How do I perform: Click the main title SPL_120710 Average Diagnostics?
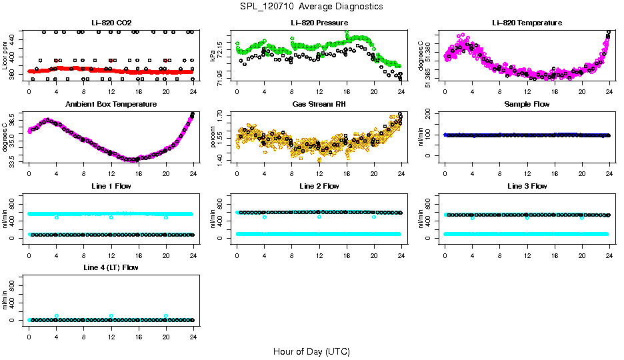click(x=312, y=6)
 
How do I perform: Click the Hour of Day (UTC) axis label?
click(x=311, y=351)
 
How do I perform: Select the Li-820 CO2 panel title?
click(x=111, y=23)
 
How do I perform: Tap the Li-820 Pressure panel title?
click(x=319, y=23)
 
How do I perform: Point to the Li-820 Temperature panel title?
click(x=527, y=23)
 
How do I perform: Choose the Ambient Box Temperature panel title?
click(x=111, y=105)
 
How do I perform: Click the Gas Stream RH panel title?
click(x=319, y=105)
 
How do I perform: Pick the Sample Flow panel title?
click(x=527, y=105)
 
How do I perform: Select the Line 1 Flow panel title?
click(x=111, y=186)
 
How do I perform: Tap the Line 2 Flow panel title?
click(x=319, y=186)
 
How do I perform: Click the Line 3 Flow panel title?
click(x=527, y=186)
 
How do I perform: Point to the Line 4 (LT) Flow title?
click(x=111, y=267)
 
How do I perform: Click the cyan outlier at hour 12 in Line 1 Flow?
click(x=111, y=217)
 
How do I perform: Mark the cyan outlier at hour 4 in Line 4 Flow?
click(x=57, y=316)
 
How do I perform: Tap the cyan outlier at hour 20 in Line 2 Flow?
click(x=374, y=217)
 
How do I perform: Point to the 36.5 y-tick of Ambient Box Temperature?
click(x=14, y=122)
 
